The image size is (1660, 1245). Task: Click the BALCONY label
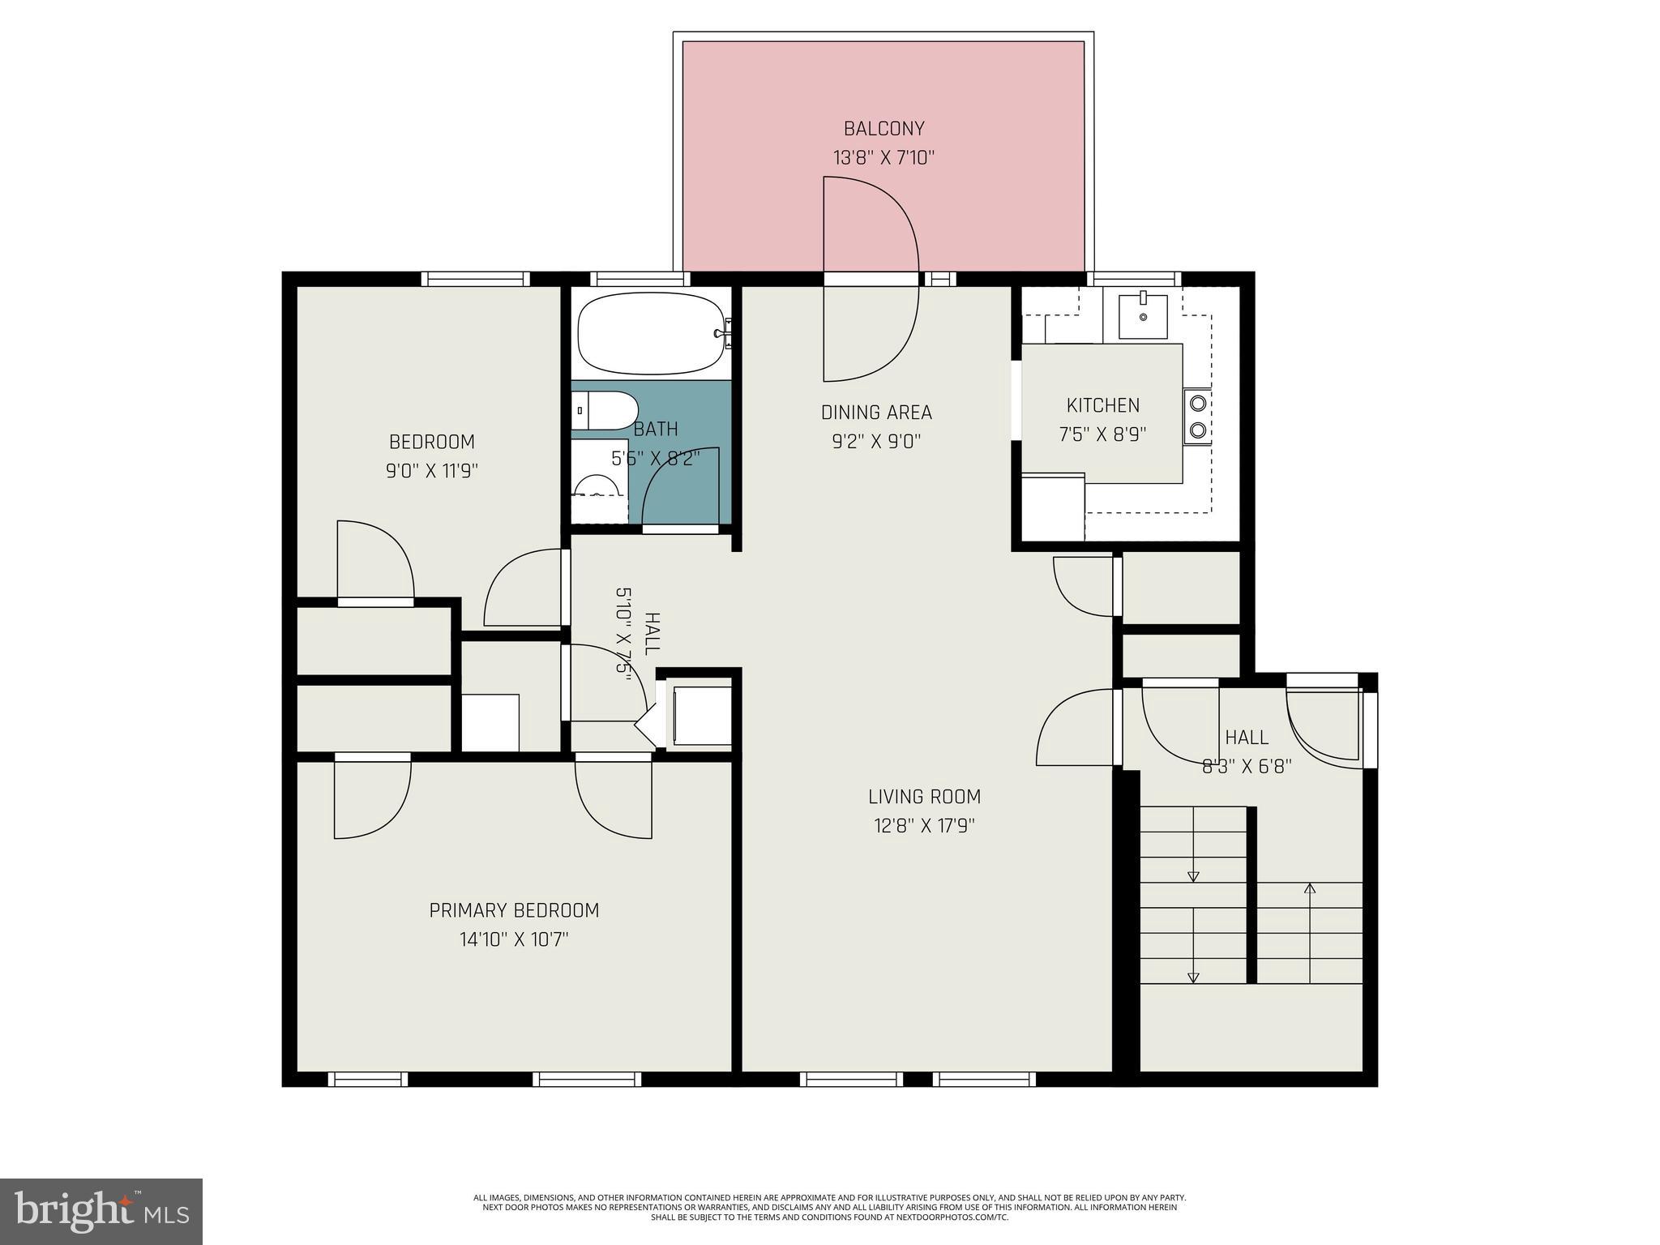pyautogui.click(x=883, y=128)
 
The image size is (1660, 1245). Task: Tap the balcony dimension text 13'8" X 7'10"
pyautogui.click(x=883, y=157)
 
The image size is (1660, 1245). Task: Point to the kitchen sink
pyautogui.click(x=1143, y=316)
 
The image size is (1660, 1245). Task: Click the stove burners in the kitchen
pyautogui.click(x=1198, y=417)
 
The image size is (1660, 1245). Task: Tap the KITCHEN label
pyautogui.click(x=1102, y=405)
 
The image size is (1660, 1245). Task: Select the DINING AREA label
pyautogui.click(x=876, y=413)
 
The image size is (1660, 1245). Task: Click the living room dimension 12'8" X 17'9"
pyautogui.click(x=924, y=826)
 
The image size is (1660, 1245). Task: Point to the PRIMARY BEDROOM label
pyautogui.click(x=514, y=910)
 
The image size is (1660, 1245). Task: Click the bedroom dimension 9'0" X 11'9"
pyautogui.click(x=432, y=471)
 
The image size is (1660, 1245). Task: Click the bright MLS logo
pyautogui.click(x=101, y=1212)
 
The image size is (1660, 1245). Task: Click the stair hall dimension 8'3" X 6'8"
pyautogui.click(x=1246, y=766)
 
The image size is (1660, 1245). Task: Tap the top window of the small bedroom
pyautogui.click(x=475, y=279)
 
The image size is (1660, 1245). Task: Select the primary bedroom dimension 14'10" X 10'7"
pyautogui.click(x=514, y=940)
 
